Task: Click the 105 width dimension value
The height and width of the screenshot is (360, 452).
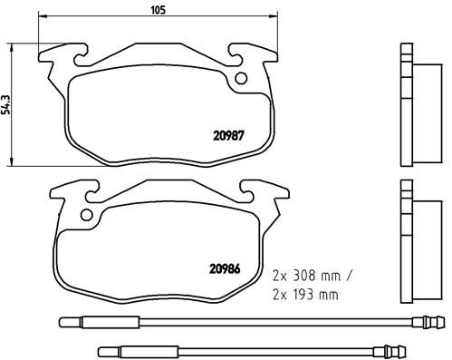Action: pyautogui.click(x=157, y=13)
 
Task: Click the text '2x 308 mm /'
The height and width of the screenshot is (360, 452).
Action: pyautogui.click(x=311, y=272)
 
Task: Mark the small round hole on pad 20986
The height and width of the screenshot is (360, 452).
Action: pyautogui.click(x=87, y=216)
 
